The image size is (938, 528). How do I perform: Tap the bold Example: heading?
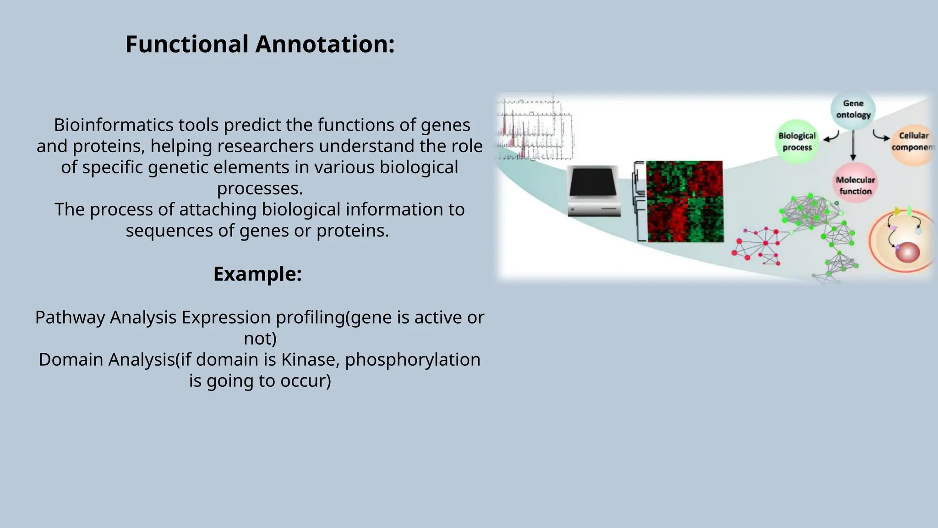[x=257, y=274]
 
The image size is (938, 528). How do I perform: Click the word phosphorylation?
[x=412, y=360]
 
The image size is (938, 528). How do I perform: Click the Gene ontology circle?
[x=853, y=110]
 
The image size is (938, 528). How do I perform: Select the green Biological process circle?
[x=797, y=142]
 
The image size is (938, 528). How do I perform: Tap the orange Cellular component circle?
[x=913, y=142]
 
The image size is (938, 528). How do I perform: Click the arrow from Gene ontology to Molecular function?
[x=853, y=146]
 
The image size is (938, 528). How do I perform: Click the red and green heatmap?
[x=685, y=201]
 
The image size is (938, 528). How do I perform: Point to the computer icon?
[x=594, y=191]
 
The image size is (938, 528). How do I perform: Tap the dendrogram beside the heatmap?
[x=639, y=201]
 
